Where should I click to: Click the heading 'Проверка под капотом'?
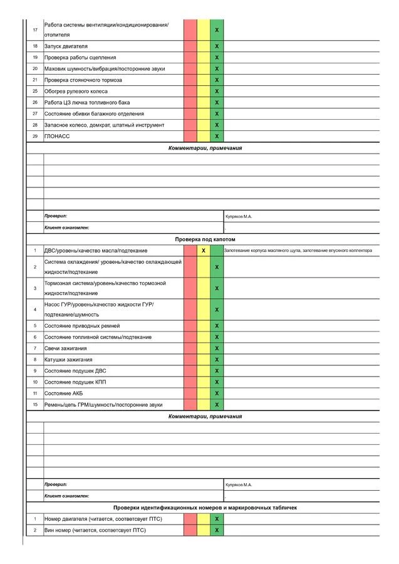point(205,239)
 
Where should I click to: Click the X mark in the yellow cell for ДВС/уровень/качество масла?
point(204,251)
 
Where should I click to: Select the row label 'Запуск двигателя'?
point(66,46)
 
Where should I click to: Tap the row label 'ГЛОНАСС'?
point(57,136)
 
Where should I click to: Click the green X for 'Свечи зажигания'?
point(217,348)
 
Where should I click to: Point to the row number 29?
point(35,136)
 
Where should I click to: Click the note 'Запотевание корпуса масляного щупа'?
point(298,251)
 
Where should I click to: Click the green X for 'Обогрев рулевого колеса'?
point(217,91)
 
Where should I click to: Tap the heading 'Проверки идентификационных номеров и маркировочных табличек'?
point(205,507)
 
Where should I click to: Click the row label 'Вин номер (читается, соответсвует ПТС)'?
point(95,530)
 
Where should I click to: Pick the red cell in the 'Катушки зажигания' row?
point(190,360)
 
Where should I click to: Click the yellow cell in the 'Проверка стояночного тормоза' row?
point(204,80)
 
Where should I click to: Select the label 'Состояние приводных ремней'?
point(81,326)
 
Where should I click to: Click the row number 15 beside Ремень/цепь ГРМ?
point(35,404)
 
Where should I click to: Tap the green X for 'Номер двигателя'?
point(217,519)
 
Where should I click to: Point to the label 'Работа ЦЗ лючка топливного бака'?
point(87,102)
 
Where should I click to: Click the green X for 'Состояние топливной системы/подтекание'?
point(217,337)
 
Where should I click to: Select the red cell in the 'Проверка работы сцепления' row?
point(190,58)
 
